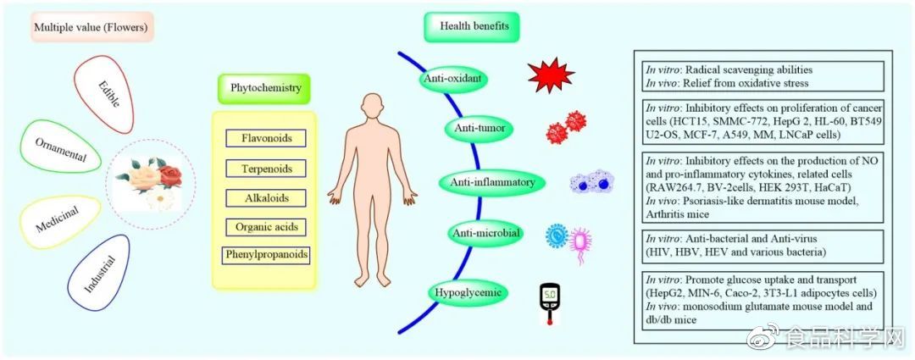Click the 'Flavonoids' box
coord(265,139)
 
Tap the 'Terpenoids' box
coord(265,169)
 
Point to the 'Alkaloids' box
coord(265,197)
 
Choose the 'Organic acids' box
coord(265,226)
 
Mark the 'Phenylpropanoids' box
coord(265,254)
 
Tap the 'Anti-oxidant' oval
coord(456,79)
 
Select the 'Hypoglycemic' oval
coord(467,293)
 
